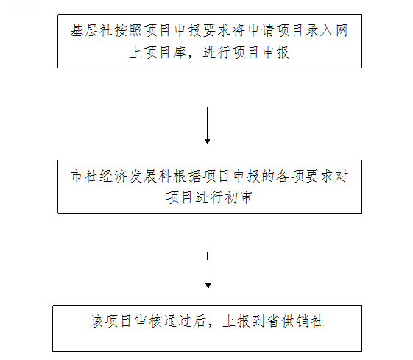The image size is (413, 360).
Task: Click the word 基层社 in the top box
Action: (x=91, y=30)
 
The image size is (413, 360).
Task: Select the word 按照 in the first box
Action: (x=128, y=30)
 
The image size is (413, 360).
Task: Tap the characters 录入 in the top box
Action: (x=320, y=30)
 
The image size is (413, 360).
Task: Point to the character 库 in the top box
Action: (x=180, y=52)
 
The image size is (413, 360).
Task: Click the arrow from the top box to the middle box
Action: (x=208, y=125)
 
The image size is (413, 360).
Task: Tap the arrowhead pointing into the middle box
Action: (x=208, y=141)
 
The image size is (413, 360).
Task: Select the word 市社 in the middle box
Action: (x=84, y=176)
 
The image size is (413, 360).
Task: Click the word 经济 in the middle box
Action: (x=113, y=176)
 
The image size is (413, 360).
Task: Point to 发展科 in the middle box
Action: (x=150, y=176)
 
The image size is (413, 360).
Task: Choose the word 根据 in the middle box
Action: (x=187, y=176)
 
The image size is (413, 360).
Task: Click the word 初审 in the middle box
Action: (x=239, y=197)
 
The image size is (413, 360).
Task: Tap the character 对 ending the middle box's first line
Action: (x=342, y=176)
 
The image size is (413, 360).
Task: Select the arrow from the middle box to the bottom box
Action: (x=208, y=270)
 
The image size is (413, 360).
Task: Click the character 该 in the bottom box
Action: (x=97, y=321)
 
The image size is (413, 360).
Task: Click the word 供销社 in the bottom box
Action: (x=303, y=321)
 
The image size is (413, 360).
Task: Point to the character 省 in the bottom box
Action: (x=273, y=321)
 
